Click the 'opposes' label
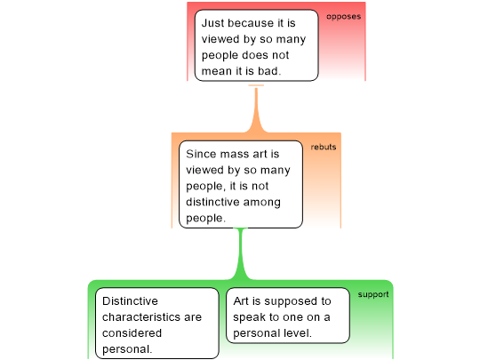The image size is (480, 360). [343, 17]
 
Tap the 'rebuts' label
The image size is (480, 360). [324, 147]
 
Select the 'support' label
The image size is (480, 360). [373, 294]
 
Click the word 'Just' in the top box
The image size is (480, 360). [212, 23]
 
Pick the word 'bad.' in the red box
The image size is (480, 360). [269, 71]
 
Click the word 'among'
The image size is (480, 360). [261, 203]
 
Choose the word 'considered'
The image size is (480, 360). [132, 333]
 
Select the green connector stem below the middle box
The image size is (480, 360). [241, 254]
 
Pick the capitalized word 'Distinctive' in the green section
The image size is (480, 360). [130, 301]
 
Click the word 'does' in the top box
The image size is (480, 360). [252, 55]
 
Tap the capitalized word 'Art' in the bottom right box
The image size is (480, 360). [241, 301]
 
